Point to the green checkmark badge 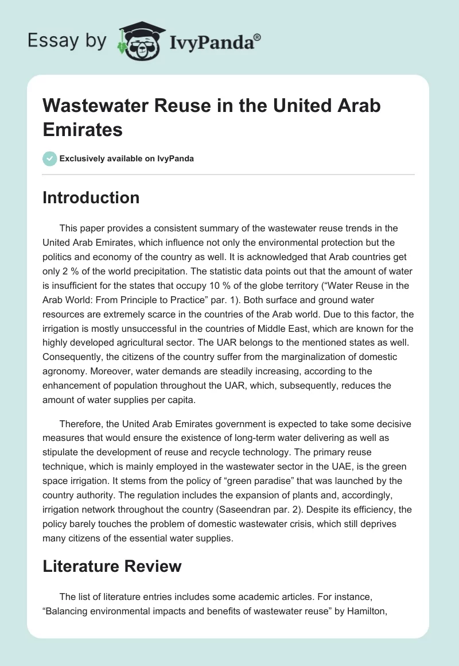49,158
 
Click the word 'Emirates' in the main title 83,129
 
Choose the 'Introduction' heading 91,198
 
